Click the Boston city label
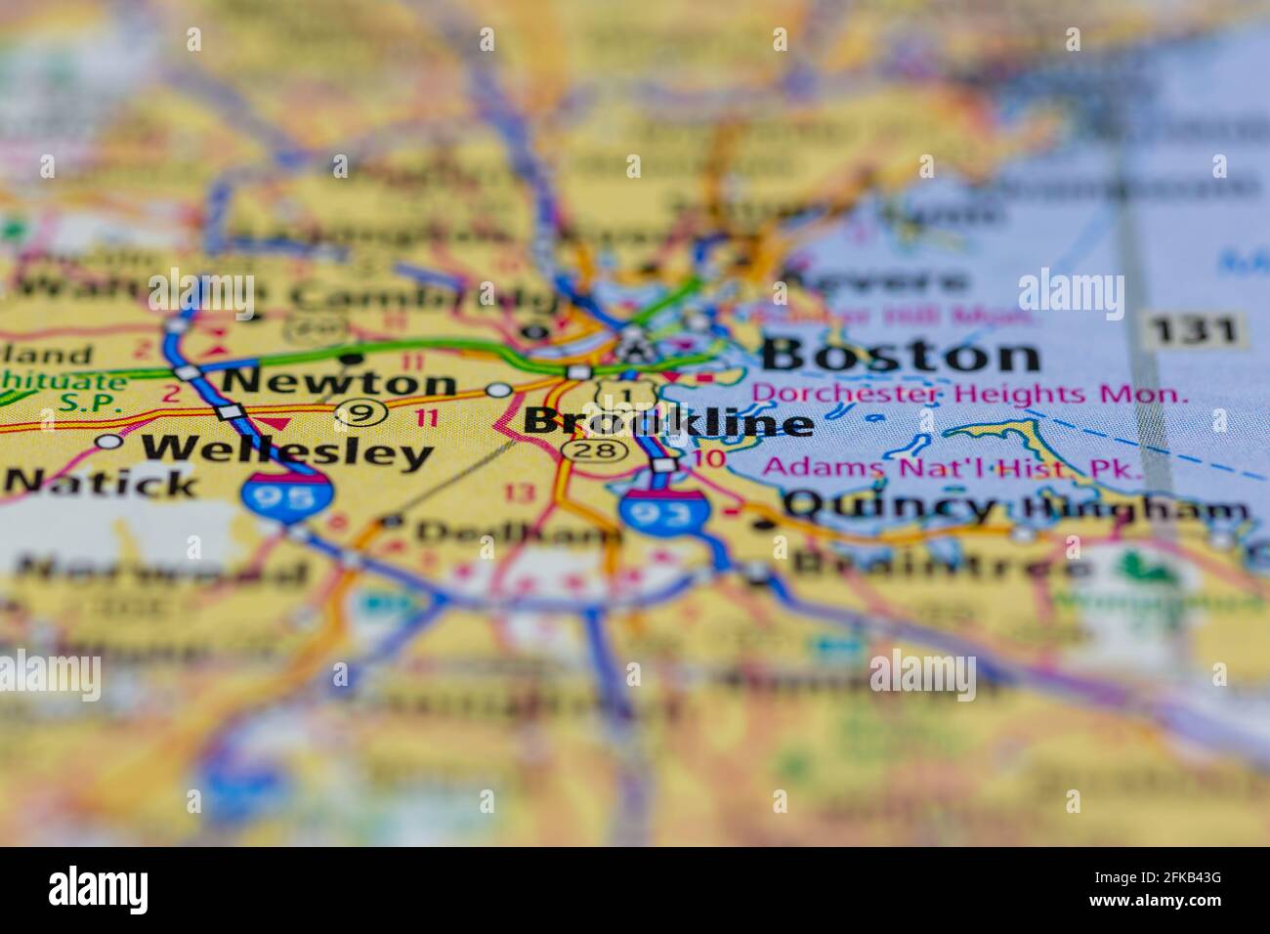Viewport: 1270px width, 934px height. click(900, 355)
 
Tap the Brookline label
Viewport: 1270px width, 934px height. click(668, 422)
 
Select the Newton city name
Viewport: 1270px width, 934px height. click(339, 381)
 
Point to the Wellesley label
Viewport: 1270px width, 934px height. click(286, 450)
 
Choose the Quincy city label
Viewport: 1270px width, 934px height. click(889, 506)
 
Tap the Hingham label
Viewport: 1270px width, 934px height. click(1135, 509)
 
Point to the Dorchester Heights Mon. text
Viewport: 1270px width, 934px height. click(970, 395)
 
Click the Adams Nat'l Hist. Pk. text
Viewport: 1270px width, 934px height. click(952, 467)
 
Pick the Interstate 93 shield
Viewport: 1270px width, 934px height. click(662, 510)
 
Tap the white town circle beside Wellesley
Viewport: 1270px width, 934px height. click(110, 443)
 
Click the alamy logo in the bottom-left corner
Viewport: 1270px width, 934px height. click(98, 890)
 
